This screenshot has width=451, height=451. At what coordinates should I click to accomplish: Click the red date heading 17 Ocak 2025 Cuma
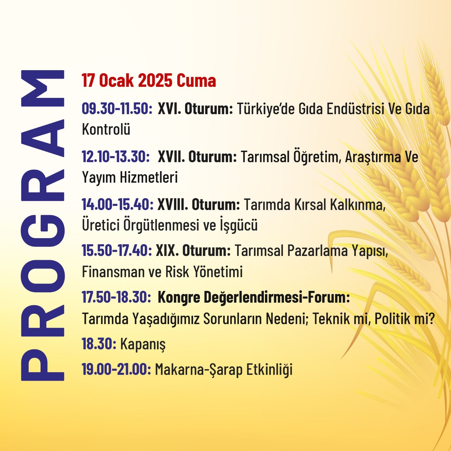point(149,80)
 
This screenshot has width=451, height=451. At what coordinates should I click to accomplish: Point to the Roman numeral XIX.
point(167,250)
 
